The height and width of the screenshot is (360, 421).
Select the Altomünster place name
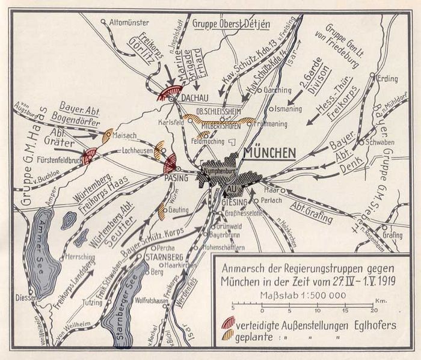point(129,22)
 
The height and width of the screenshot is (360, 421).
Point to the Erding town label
point(389,78)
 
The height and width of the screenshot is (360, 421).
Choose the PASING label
point(177,178)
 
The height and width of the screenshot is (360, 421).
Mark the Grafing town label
point(392,236)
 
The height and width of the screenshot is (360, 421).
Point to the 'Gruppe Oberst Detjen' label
point(232,24)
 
